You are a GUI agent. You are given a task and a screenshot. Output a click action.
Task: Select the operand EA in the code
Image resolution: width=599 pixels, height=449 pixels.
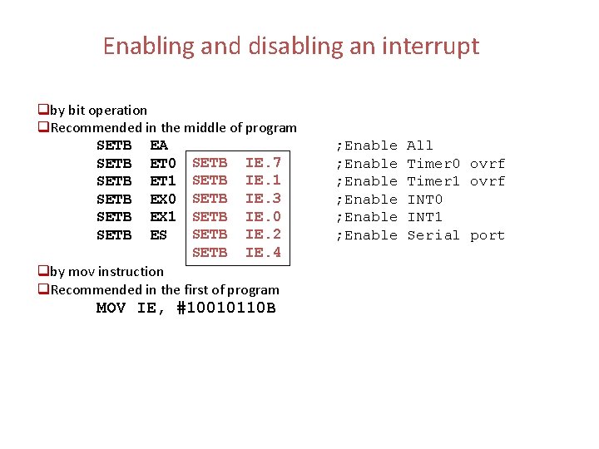159,146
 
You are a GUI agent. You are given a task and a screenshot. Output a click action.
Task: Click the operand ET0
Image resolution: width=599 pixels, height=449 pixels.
162,164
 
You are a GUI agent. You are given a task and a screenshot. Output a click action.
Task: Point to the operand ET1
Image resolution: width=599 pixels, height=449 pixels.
162,181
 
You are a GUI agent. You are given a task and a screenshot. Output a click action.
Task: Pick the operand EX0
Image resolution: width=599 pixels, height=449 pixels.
162,200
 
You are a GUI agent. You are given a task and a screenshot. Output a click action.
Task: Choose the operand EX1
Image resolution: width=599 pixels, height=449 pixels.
162,217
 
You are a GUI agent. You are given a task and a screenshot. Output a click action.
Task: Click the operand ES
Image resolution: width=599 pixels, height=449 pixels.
159,235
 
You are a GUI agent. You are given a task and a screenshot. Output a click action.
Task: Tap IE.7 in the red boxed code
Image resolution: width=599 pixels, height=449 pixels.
263,162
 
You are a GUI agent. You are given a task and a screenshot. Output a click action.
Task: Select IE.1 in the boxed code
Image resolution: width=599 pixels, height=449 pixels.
263,180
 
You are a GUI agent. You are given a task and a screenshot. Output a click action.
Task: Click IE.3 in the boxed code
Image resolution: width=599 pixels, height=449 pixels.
263,199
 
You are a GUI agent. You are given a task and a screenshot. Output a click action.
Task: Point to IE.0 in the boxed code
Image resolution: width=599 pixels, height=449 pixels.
263,217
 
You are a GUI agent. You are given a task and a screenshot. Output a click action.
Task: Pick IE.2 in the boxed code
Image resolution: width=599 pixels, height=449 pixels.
263,234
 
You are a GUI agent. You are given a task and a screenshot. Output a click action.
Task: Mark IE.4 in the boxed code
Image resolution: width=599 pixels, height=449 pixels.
263,253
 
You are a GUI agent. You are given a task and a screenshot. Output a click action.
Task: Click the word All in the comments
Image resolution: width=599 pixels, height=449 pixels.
420,146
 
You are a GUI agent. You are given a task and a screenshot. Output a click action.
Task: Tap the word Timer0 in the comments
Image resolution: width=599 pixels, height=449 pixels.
433,164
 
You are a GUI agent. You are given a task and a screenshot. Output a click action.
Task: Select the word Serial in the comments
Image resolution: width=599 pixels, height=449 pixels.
433,235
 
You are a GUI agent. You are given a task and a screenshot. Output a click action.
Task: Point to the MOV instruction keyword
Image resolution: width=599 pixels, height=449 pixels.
111,308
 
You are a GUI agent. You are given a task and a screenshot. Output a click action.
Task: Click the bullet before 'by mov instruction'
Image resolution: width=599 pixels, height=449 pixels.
43,271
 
